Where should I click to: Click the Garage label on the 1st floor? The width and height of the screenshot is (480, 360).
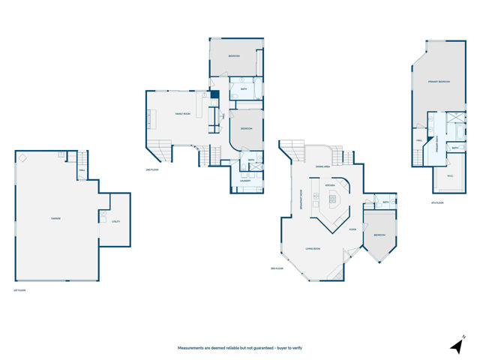(55, 218)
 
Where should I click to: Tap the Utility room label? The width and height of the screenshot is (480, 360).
(115, 221)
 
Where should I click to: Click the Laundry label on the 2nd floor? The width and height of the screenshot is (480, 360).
(245, 181)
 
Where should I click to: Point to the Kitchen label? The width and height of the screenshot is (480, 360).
(329, 184)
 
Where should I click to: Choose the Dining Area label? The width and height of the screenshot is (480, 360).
(323, 166)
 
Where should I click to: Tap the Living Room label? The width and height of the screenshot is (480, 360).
(313, 248)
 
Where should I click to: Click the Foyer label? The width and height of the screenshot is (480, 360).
(352, 229)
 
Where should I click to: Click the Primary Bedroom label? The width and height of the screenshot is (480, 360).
(439, 81)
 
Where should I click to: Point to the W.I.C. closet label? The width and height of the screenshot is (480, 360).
(450, 177)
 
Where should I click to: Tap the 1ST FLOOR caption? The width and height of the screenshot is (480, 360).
(20, 290)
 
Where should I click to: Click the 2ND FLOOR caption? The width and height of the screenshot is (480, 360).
(152, 169)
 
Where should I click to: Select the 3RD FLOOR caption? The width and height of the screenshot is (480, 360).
(277, 268)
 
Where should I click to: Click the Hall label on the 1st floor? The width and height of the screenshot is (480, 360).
(81, 169)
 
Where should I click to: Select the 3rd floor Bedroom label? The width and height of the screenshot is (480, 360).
(379, 235)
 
